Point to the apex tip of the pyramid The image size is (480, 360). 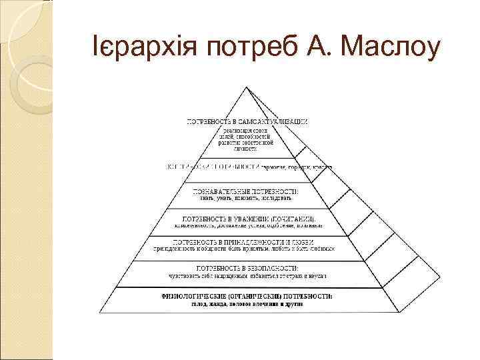tap(247, 87)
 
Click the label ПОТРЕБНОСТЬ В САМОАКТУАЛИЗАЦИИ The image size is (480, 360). tap(247, 122)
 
